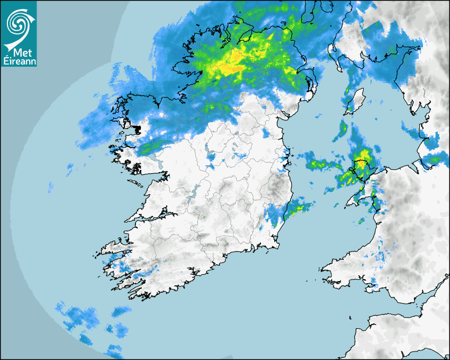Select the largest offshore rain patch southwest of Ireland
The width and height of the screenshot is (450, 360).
[x=77, y=318]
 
